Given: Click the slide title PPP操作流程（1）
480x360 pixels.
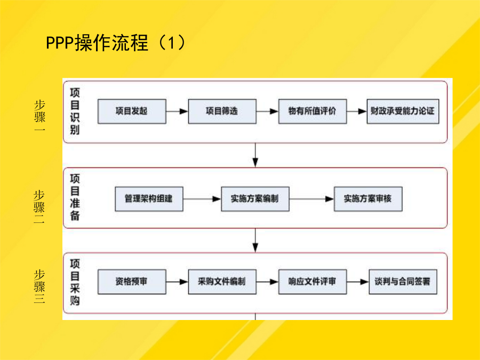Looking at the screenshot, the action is pyautogui.click(x=116, y=42).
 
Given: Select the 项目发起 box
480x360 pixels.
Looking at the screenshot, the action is pyautogui.click(x=132, y=111).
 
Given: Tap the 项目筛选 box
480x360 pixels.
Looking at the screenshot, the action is pyautogui.click(x=222, y=111).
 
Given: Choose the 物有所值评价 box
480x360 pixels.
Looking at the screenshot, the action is pyautogui.click(x=313, y=111).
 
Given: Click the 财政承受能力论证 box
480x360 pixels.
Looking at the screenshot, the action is pyautogui.click(x=403, y=111).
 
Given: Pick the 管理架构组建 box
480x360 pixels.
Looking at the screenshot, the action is pyautogui.click(x=149, y=199).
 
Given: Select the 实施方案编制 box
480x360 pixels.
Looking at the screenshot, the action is pyautogui.click(x=255, y=199).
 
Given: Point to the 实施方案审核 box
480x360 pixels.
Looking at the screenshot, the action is pyautogui.click(x=368, y=199).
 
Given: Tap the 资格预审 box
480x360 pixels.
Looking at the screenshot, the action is pyautogui.click(x=132, y=282).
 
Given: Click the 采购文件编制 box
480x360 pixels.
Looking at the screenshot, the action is pyautogui.click(x=222, y=282).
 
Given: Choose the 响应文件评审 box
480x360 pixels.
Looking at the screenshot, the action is pyautogui.click(x=313, y=282).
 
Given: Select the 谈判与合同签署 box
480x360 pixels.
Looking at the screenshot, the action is pyautogui.click(x=403, y=282).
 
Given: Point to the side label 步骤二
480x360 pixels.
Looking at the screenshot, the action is pyautogui.click(x=39, y=206).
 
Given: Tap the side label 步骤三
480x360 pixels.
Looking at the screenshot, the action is pyautogui.click(x=39, y=286).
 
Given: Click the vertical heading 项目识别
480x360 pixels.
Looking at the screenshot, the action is pyautogui.click(x=75, y=111).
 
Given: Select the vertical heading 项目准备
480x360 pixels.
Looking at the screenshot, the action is pyautogui.click(x=75, y=197).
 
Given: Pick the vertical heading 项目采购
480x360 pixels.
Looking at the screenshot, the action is pyautogui.click(x=75, y=282).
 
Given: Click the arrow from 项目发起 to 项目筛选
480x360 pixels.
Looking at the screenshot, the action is pyautogui.click(x=177, y=111).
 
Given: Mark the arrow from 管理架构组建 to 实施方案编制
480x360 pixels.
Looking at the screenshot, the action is pyautogui.click(x=202, y=199).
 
